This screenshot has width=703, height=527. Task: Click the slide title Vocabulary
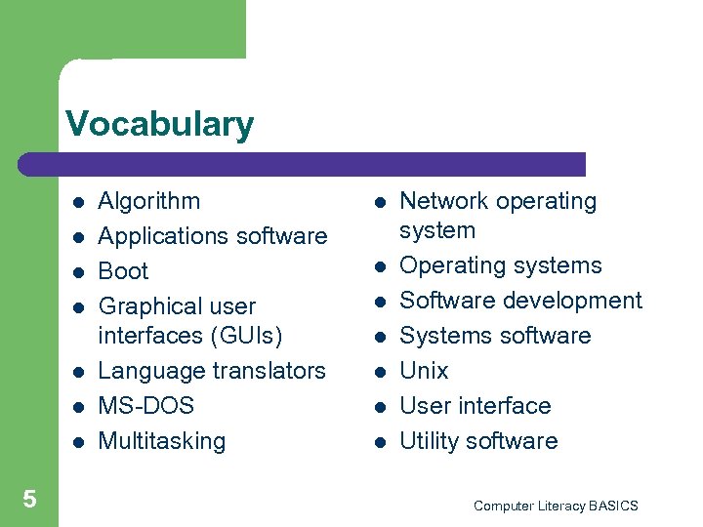coord(159,125)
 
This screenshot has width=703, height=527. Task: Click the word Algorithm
coord(149,201)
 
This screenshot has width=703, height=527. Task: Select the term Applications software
coord(213,236)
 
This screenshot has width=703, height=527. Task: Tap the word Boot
coord(124,271)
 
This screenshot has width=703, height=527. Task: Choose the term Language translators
coord(212,371)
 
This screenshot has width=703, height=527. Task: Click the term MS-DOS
coord(146,406)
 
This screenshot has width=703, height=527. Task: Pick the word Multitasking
coord(162,441)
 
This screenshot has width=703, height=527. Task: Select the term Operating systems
coord(501,265)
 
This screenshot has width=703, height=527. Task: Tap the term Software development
coord(521,301)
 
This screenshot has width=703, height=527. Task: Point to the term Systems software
coord(496,336)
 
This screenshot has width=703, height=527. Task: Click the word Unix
coord(425,371)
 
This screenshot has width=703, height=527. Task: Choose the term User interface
coord(476,406)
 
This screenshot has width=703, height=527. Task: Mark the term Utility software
coord(479,441)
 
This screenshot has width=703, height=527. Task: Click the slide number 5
coord(29,500)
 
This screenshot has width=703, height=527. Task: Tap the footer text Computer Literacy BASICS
coord(556,506)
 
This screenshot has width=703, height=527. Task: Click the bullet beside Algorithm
coord(77,203)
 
